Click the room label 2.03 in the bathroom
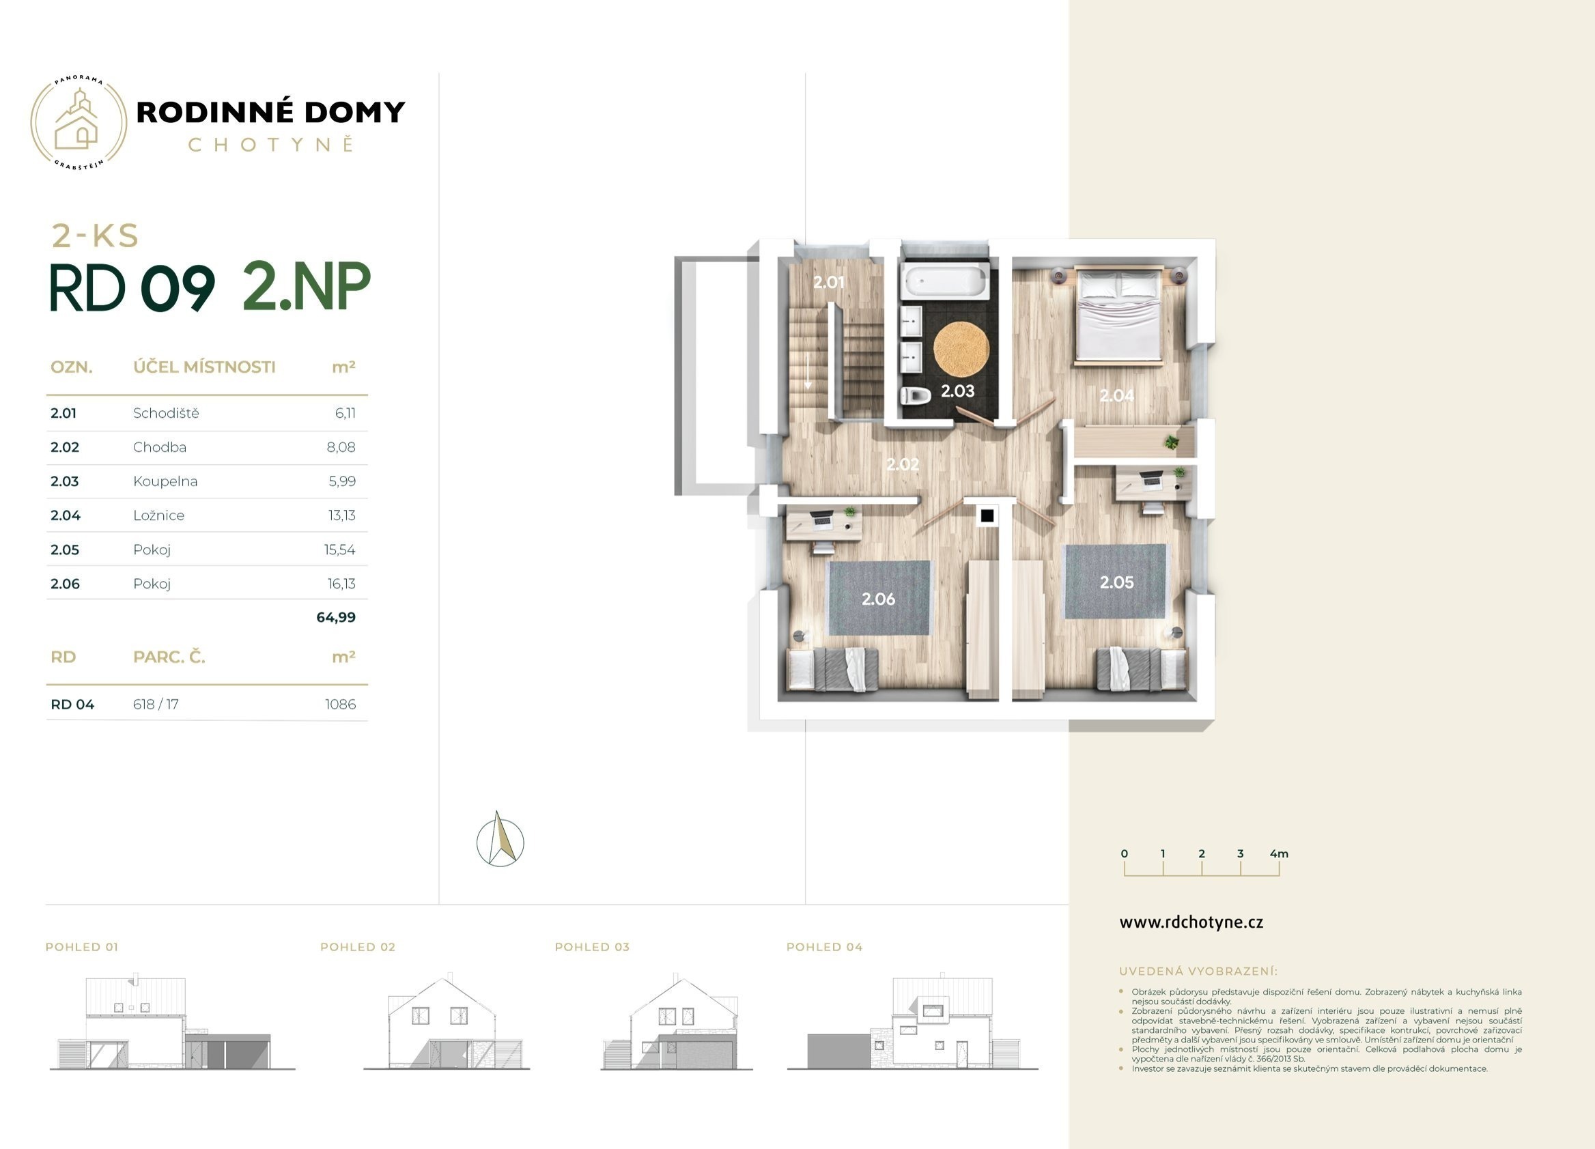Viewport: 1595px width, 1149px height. [x=958, y=391]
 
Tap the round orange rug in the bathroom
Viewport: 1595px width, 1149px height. [x=961, y=348]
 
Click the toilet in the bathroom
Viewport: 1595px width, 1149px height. [x=915, y=396]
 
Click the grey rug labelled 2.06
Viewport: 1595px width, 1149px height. [x=879, y=597]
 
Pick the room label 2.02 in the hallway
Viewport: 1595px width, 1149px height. [x=902, y=464]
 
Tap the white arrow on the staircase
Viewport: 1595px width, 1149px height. [x=808, y=371]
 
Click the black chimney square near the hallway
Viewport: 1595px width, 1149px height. [x=987, y=516]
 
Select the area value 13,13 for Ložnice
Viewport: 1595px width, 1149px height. [x=342, y=515]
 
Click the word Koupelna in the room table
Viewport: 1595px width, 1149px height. [x=165, y=481]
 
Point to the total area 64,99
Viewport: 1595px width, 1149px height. [x=336, y=617]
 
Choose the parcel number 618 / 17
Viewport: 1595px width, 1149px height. [x=156, y=704]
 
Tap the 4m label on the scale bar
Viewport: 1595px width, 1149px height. [x=1280, y=853]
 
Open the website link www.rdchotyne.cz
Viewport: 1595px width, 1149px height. [x=1191, y=922]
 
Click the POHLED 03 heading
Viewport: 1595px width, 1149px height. [x=592, y=947]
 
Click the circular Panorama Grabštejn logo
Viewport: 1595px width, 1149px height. [x=79, y=123]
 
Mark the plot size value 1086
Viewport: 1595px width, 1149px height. [x=341, y=704]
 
